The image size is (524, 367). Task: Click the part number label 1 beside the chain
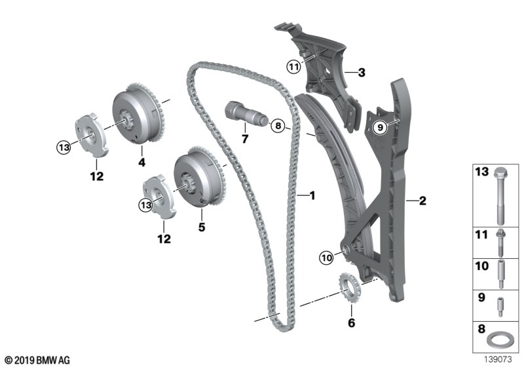coord(312,195)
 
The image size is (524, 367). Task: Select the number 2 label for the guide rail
coord(422,201)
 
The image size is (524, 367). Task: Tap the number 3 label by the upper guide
coord(361,73)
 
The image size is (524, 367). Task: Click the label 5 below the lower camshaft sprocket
coord(202,227)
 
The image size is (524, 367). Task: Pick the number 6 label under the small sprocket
coord(350,322)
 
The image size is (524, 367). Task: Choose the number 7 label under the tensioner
coord(245,139)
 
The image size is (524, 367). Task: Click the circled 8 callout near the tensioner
coord(278,125)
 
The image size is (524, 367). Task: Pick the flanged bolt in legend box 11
coord(500,243)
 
